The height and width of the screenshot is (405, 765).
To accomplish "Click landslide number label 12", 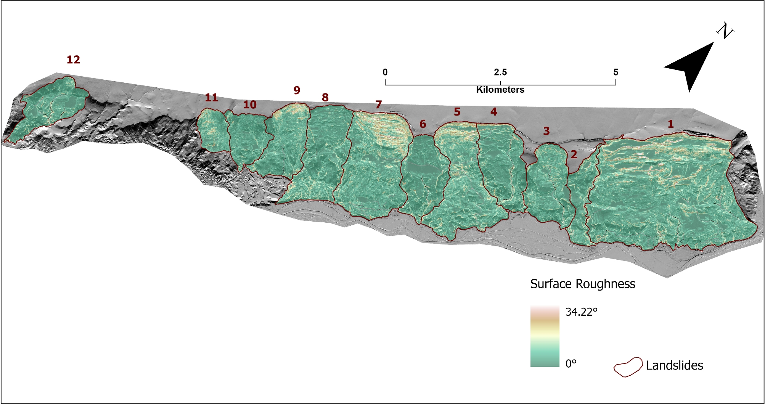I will click(73, 59).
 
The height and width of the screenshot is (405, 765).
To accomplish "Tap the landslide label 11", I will click(211, 98).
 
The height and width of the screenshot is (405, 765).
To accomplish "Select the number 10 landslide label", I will click(250, 104).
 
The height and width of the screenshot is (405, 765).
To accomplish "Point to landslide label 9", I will click(297, 90).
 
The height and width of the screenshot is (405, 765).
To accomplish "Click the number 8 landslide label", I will click(325, 98).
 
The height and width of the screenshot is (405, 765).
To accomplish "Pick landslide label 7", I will click(378, 104).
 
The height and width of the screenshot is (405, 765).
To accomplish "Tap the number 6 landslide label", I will click(423, 124).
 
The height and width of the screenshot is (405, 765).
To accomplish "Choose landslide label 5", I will click(457, 112).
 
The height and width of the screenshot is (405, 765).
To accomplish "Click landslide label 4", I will click(493, 112).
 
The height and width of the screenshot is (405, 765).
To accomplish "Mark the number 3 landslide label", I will click(546, 131).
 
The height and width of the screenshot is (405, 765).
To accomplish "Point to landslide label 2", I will click(574, 154).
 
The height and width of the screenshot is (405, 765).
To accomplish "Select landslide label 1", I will click(670, 124).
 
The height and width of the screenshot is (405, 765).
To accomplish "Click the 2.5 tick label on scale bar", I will click(500, 72).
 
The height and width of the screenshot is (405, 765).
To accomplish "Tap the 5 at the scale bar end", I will click(616, 72).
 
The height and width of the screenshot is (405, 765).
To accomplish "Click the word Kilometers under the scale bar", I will click(500, 90).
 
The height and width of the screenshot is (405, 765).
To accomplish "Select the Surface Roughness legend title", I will click(583, 284).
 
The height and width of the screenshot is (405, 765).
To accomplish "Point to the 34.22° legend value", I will click(581, 312).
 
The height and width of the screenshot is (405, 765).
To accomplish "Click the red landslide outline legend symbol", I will click(628, 367).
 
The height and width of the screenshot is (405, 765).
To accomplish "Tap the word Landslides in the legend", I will click(674, 365).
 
